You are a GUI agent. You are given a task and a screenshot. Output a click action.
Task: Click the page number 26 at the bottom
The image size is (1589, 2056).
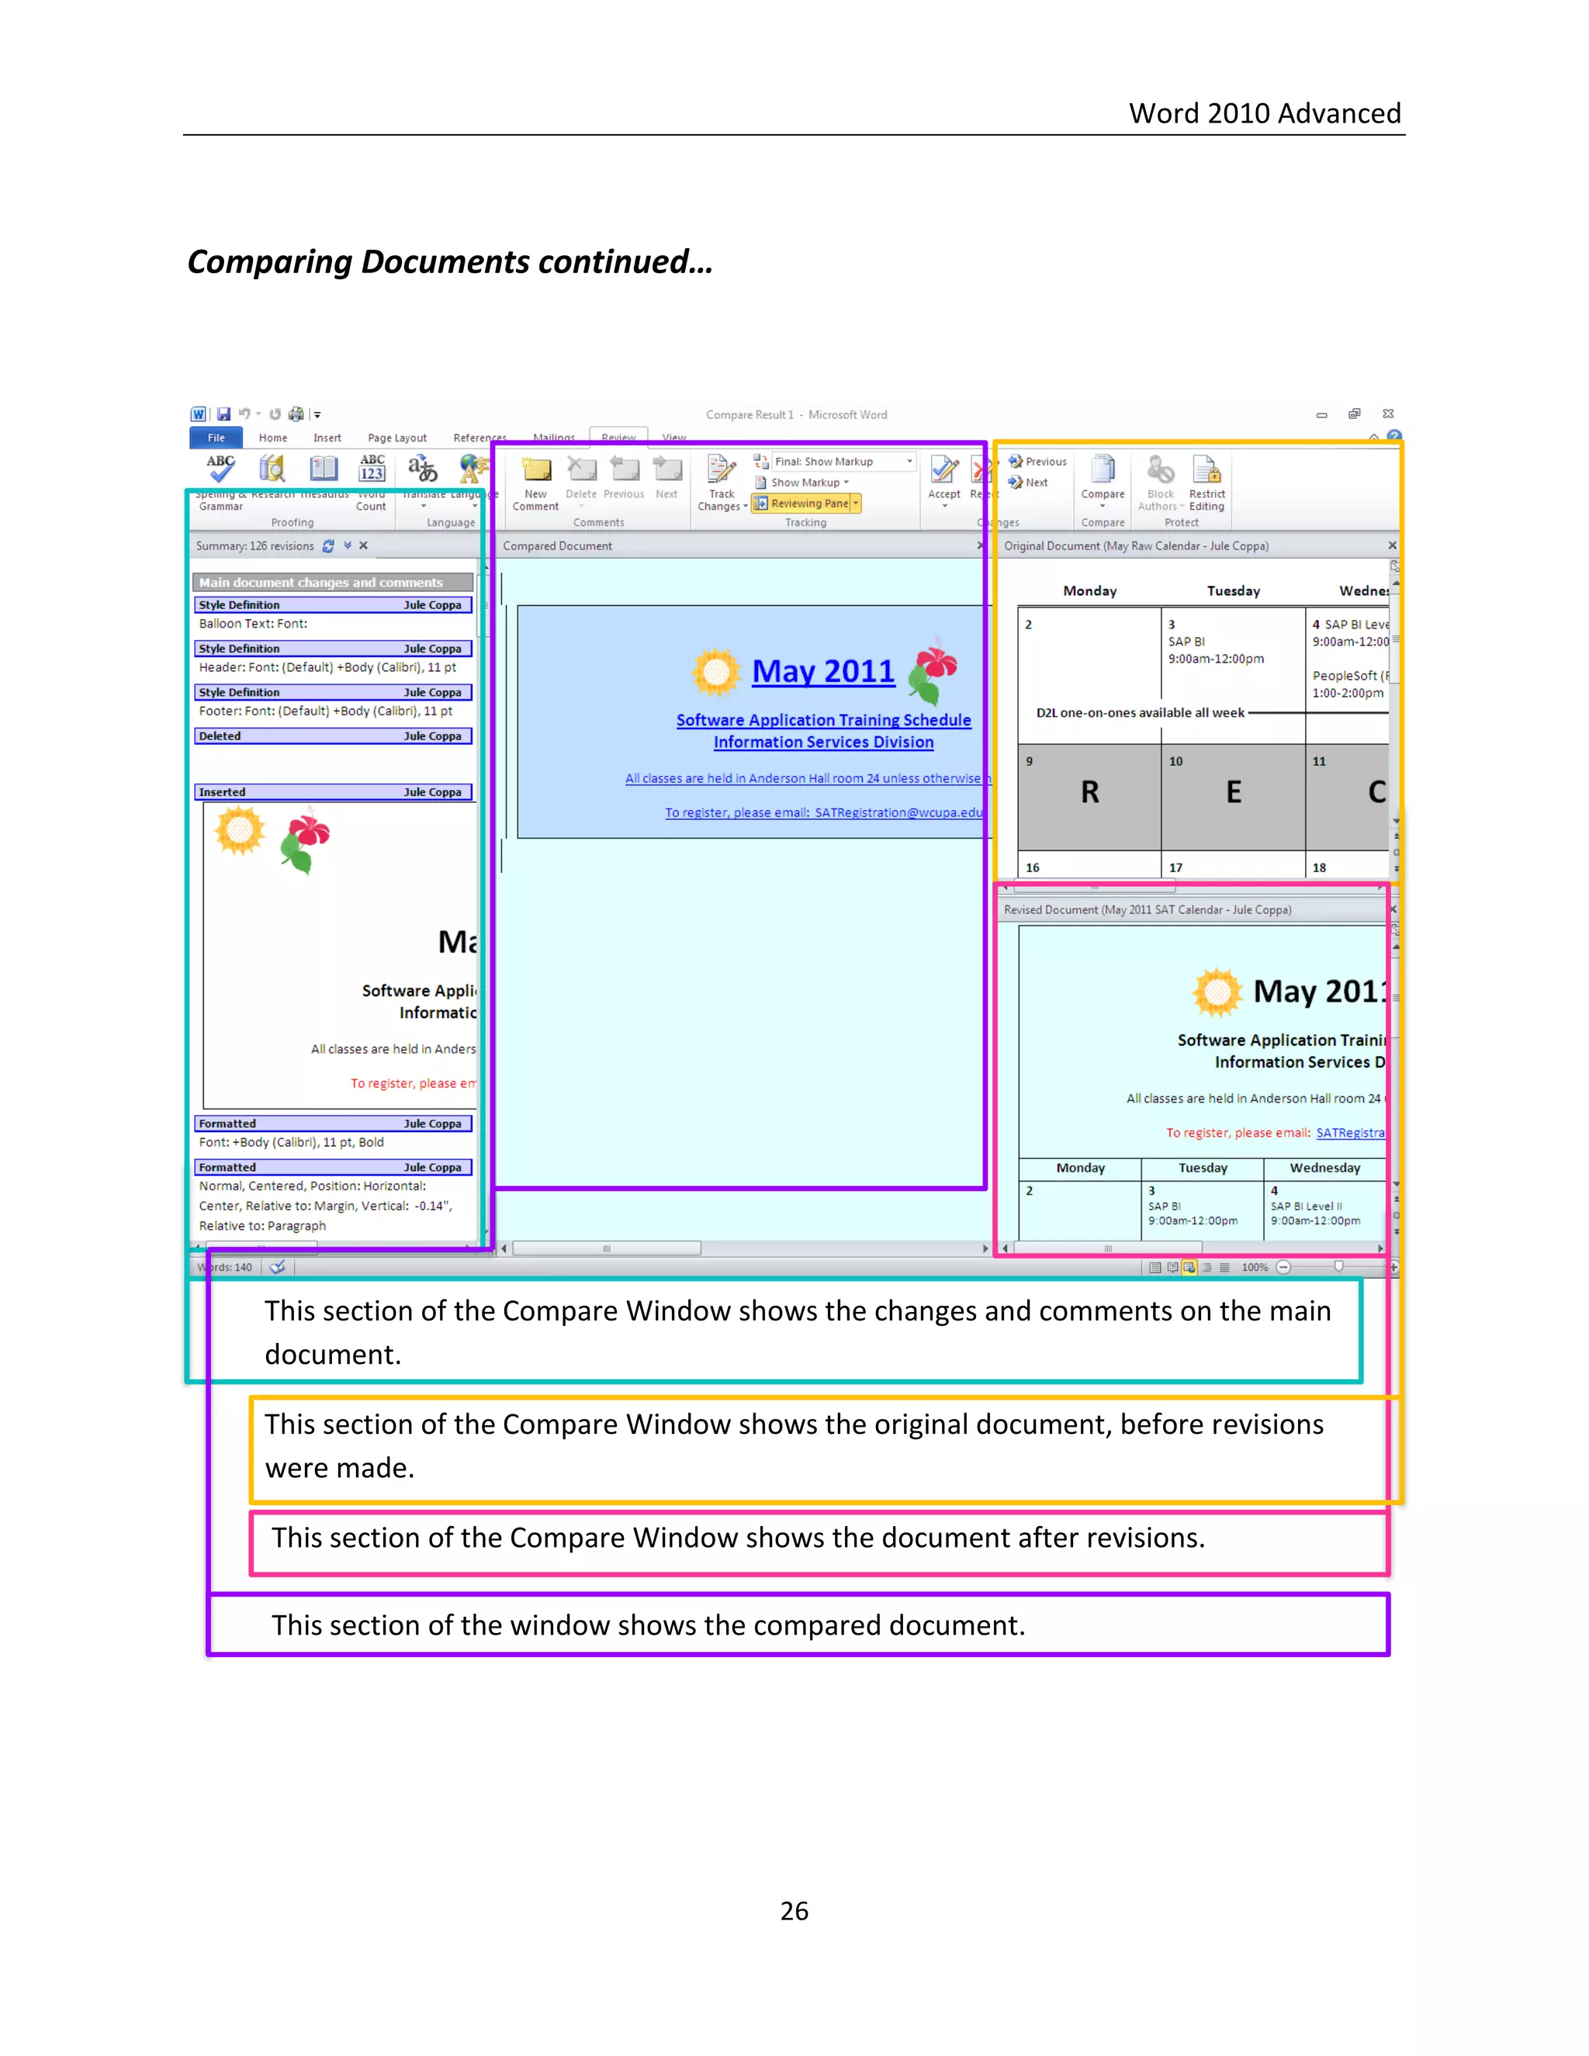point(794,1910)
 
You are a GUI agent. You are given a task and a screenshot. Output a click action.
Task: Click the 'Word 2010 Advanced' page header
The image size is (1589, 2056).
point(1264,114)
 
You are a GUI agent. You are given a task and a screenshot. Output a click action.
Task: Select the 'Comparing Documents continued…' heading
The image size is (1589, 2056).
point(450,261)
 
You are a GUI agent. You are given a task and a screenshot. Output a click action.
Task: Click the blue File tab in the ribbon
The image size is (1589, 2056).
point(216,438)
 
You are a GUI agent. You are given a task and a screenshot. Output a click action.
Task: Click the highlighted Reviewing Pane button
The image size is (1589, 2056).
point(807,504)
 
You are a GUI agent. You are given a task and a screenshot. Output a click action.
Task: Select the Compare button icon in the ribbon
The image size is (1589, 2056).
point(1103,469)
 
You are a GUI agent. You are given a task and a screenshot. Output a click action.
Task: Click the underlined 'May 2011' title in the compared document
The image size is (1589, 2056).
point(822,671)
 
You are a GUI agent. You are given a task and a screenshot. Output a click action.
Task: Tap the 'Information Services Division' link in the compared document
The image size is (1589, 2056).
point(822,742)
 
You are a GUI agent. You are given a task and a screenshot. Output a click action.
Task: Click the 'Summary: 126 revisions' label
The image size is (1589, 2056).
point(254,546)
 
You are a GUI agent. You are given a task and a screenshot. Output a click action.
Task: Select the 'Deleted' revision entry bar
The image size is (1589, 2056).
point(333,736)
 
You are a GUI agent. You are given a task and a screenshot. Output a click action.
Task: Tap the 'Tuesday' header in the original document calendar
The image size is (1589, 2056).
point(1233,591)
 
